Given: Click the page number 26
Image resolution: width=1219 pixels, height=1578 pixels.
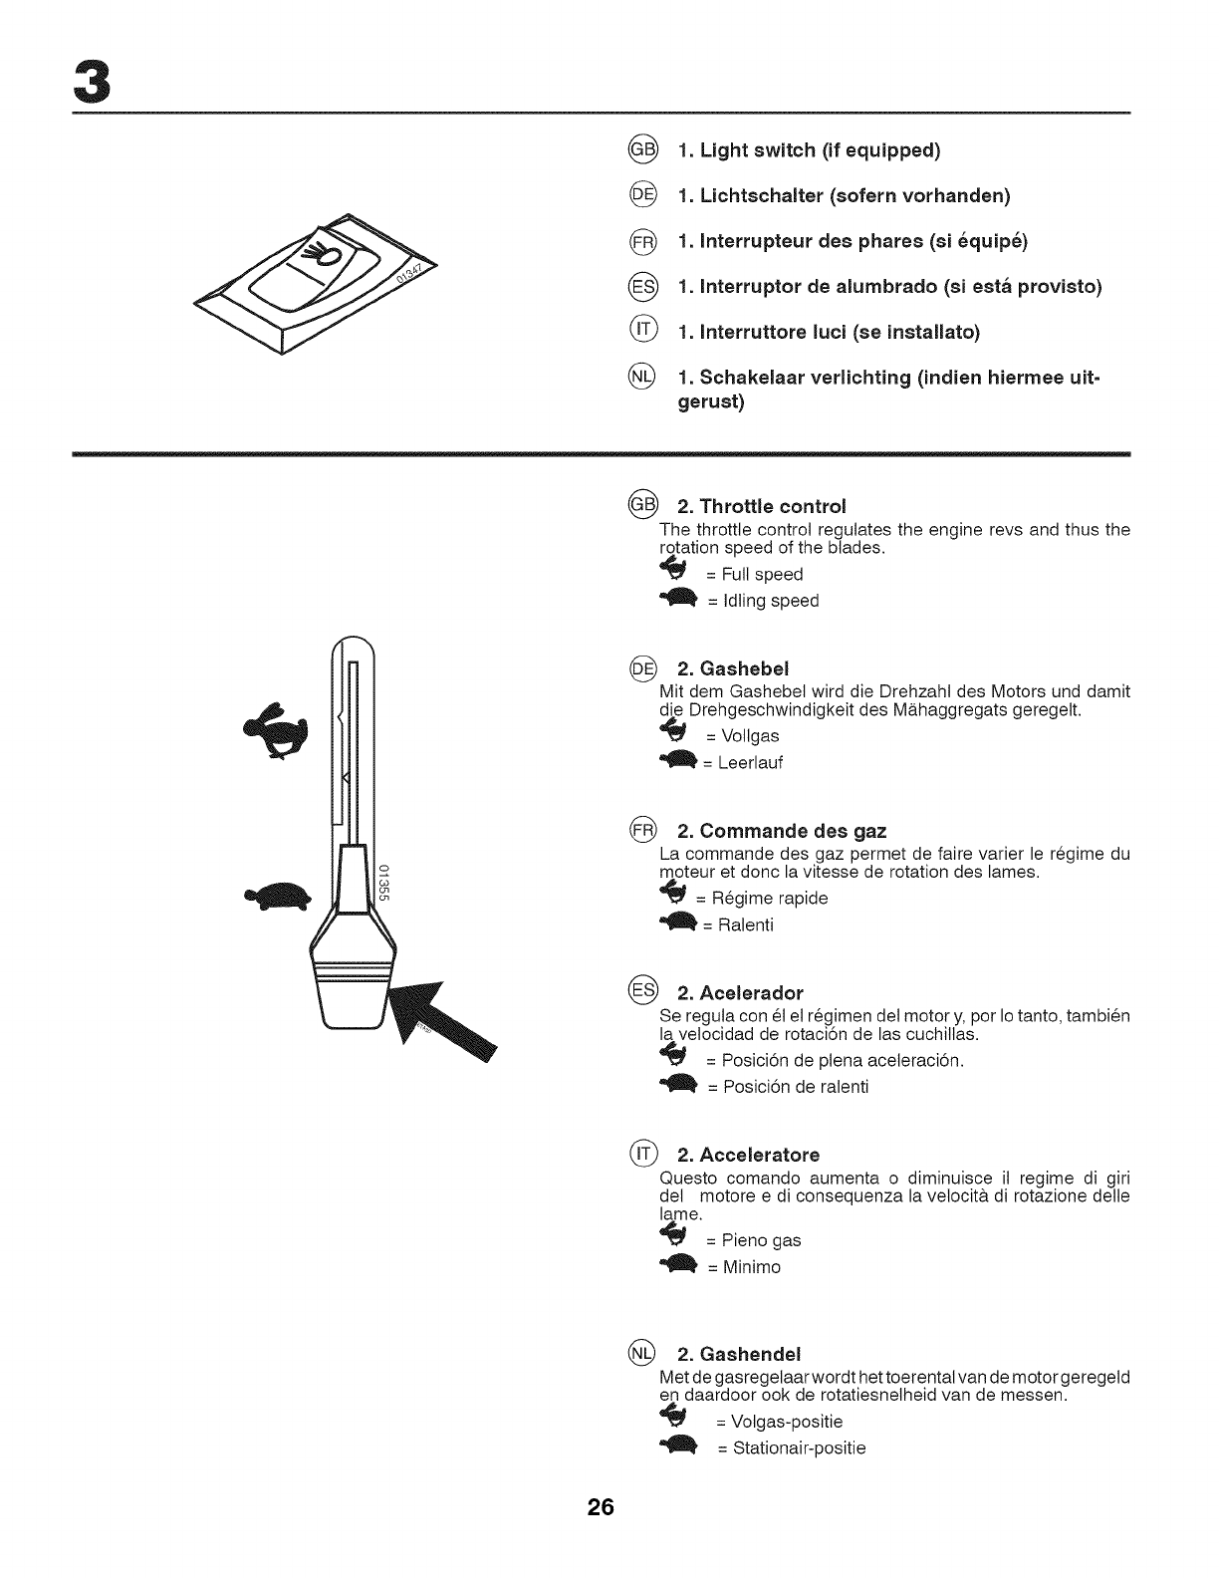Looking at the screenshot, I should pyautogui.click(x=602, y=1507).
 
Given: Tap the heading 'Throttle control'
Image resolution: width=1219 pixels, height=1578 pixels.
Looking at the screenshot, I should pyautogui.click(x=761, y=505).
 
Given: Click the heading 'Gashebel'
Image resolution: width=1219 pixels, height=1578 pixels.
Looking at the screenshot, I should pyautogui.click(x=733, y=667).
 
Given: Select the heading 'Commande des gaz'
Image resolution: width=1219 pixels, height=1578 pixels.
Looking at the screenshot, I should pyautogui.click(x=782, y=831).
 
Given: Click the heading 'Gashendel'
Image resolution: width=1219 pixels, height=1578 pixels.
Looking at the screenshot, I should pyautogui.click(x=738, y=1355).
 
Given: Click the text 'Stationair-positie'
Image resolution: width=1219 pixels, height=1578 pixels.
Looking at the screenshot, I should pyautogui.click(x=799, y=1447).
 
